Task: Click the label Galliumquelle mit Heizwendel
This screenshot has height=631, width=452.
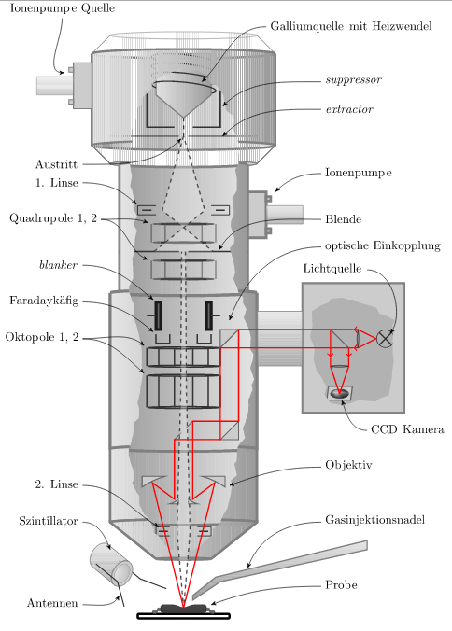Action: tap(351, 26)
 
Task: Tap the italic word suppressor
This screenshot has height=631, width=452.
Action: tap(354, 80)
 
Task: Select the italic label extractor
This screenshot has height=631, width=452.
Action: tap(349, 109)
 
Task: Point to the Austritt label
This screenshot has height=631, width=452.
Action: tap(56, 164)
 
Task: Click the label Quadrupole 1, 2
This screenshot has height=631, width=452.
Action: tap(53, 218)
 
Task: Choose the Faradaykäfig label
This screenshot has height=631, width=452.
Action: tap(44, 301)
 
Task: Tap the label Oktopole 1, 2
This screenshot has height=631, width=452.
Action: tap(42, 337)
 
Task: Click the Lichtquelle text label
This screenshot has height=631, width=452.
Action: tap(332, 269)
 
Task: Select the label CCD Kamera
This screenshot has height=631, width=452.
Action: tap(407, 429)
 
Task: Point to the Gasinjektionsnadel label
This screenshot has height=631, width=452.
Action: tap(375, 520)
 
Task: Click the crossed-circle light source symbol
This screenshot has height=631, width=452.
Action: tap(385, 339)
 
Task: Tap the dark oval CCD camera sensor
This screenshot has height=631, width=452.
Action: tap(339, 394)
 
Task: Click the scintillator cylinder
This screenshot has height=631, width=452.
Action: tap(111, 564)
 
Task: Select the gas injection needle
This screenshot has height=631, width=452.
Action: tap(280, 569)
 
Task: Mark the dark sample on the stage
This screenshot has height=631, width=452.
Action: tap(184, 609)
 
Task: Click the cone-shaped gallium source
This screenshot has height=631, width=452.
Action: tap(184, 97)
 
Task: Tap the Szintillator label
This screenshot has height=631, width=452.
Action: tap(49, 521)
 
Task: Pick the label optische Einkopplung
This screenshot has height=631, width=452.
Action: tap(383, 245)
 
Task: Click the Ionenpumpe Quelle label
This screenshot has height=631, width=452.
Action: tap(63, 8)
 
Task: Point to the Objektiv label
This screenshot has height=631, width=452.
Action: tap(348, 465)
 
